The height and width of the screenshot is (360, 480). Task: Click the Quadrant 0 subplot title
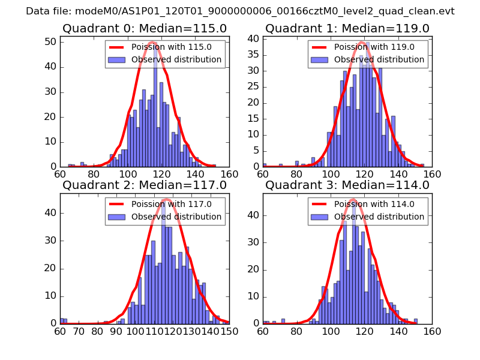point(145,29)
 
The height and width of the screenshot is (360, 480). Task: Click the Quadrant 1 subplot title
point(347,29)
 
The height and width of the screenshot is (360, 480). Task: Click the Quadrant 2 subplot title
point(145,185)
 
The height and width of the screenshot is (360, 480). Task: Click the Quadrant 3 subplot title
point(347,185)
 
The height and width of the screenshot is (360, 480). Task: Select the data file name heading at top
point(240,11)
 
